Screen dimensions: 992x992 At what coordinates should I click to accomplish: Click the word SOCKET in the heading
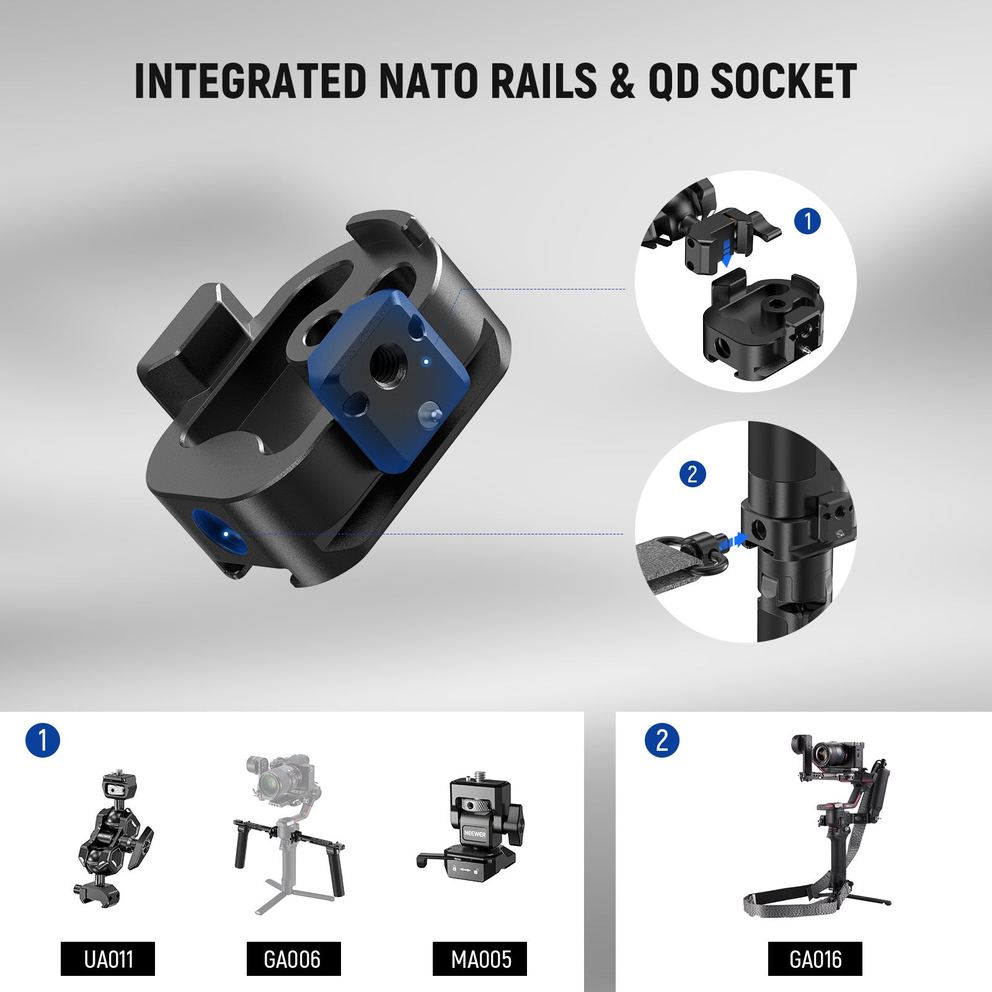click(x=783, y=81)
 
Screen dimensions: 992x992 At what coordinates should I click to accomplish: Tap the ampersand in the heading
click(x=622, y=81)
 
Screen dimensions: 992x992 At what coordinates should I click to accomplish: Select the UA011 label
click(x=108, y=959)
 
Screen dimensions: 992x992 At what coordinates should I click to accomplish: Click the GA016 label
click(x=815, y=959)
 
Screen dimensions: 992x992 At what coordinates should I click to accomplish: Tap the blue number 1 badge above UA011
click(x=43, y=740)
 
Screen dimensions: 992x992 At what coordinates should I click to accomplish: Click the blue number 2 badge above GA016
click(x=662, y=740)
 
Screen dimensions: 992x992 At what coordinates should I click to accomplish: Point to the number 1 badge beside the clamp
click(x=807, y=221)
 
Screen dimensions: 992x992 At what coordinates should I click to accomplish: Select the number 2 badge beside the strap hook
click(x=693, y=474)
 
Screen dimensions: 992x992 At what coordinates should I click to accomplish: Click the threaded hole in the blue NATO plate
click(x=384, y=367)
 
